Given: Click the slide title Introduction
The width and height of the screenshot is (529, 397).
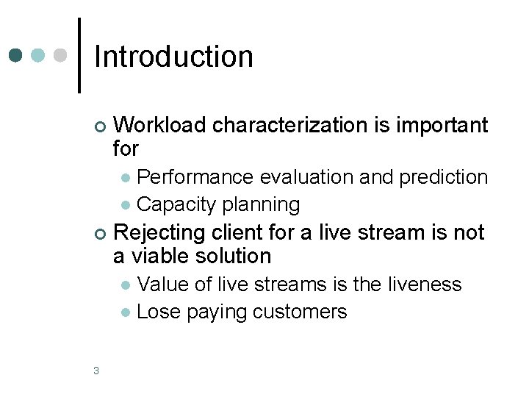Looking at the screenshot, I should click(173, 57).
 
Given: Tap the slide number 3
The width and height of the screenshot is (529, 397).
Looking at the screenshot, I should click(96, 371).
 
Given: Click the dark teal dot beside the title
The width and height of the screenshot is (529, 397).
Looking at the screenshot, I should click(17, 56).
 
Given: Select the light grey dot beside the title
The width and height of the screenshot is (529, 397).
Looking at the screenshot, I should click(61, 56).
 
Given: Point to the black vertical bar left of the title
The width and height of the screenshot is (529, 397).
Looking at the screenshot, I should click(79, 55).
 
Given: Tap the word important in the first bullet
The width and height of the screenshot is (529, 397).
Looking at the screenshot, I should click(442, 126).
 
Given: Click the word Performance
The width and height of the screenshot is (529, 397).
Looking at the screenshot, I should click(195, 177).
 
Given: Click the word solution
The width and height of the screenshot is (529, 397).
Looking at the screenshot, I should click(235, 256).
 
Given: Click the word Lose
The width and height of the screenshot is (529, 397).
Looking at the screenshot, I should click(159, 312).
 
